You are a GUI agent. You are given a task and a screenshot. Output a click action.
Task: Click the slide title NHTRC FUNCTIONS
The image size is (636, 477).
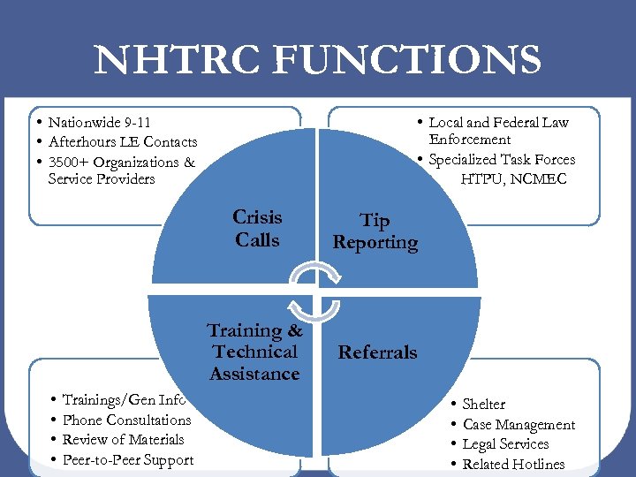tap(318, 60)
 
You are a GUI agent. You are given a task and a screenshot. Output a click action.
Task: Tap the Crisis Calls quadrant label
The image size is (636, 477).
tap(257, 229)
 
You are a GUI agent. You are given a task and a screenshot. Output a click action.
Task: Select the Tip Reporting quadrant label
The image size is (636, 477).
tap(375, 231)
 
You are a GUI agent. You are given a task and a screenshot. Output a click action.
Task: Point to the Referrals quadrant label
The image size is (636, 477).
tap(377, 352)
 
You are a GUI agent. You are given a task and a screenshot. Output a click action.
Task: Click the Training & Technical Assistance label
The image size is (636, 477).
tap(254, 352)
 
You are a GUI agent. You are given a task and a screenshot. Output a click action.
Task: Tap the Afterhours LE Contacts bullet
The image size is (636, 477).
tap(123, 142)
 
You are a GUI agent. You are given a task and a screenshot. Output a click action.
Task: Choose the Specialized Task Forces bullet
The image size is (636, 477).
tap(502, 160)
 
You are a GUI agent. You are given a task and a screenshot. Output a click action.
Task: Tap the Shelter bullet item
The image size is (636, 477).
tap(484, 404)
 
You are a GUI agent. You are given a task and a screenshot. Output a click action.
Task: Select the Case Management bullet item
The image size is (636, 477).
tap(519, 425)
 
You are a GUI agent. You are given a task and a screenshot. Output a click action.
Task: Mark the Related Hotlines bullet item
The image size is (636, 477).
tap(513, 465)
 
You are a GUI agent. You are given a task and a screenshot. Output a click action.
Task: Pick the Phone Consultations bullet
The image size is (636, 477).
tap(126, 420)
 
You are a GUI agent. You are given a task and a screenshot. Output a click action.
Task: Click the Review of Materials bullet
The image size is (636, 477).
tap(123, 439)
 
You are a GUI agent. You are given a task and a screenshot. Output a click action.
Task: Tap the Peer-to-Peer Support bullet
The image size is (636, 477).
tap(127, 459)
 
